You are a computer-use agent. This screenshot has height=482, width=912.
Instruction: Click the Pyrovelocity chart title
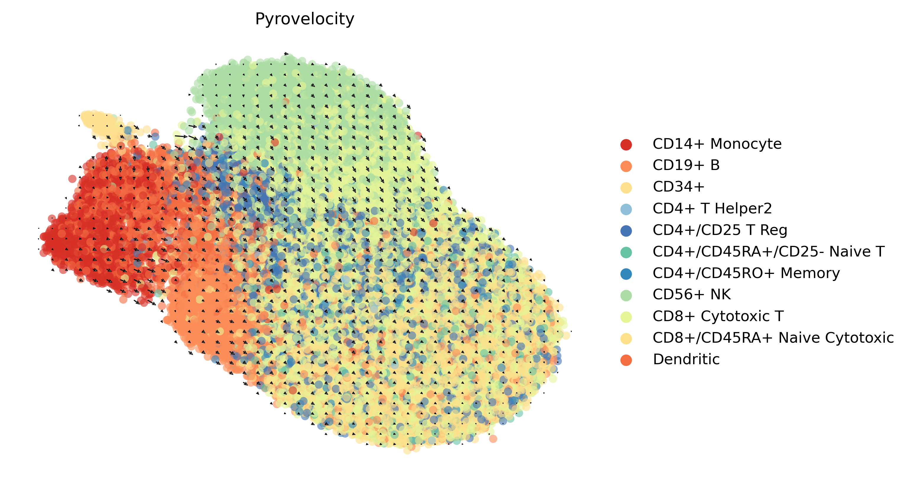coord(305,19)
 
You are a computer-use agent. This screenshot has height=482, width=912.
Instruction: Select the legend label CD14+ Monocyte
coord(717,144)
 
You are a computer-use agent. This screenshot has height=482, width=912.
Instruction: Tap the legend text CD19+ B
coord(686,165)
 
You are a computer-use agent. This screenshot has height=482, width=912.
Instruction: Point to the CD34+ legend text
coord(679,187)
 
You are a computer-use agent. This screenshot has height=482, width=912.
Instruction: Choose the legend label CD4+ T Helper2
coord(712,208)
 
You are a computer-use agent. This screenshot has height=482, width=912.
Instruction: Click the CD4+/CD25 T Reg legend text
coord(720,230)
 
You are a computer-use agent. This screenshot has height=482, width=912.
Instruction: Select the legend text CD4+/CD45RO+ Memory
coord(746,273)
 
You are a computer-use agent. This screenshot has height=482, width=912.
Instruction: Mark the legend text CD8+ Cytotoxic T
coord(718,316)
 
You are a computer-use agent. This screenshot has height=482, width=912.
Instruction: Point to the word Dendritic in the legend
coord(686,359)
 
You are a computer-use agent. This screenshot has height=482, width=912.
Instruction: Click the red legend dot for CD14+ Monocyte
coord(626,145)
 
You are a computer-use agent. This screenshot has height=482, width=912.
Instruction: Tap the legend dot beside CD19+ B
coord(626,166)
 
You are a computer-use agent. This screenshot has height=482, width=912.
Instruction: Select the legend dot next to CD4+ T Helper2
coord(626,209)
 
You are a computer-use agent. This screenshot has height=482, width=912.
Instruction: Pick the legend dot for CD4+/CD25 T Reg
coord(626,231)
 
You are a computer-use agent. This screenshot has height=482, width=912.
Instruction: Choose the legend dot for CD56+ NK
coord(626,295)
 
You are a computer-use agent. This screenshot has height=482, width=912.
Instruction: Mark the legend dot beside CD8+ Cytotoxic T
coord(626,317)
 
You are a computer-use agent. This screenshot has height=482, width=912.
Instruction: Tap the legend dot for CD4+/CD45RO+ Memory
coord(626,274)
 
